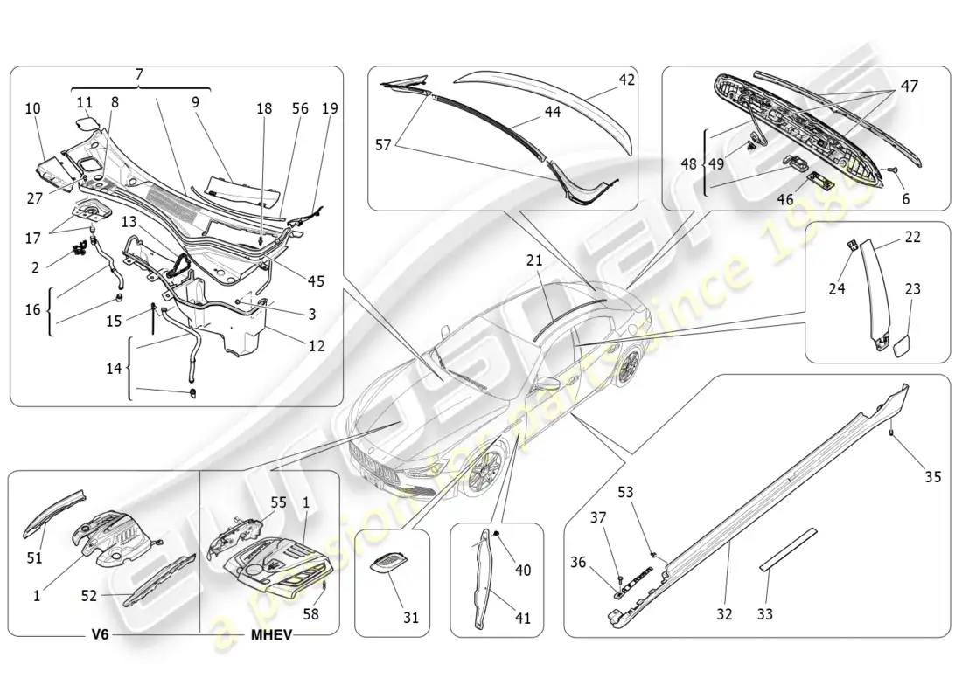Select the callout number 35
(933, 476)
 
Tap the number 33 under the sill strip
(765, 614)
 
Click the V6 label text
(100, 634)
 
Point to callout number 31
(411, 618)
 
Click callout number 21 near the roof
(533, 260)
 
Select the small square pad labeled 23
(901, 345)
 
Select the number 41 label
(523, 618)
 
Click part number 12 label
(316, 346)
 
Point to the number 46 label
(785, 200)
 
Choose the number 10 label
(32, 109)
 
